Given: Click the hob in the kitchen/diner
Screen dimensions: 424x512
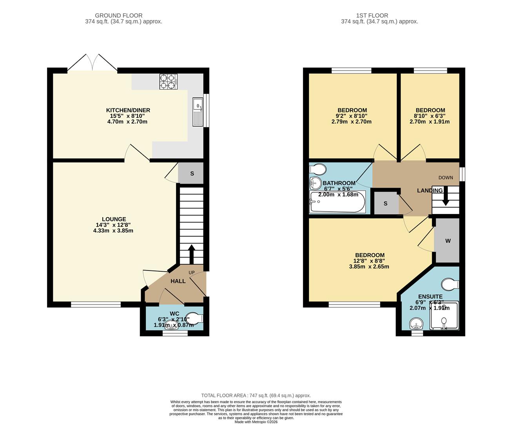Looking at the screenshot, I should click(168, 81).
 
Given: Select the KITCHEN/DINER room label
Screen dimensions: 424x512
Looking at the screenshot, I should click(128, 110).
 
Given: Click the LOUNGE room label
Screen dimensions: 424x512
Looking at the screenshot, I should click(114, 219).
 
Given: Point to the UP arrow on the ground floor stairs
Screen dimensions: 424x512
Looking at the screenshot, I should click(192, 254).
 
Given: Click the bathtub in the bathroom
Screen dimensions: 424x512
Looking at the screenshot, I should click(338, 202).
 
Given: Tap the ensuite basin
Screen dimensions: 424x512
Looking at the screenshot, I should click(416, 324).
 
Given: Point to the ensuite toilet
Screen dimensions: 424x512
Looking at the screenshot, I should click(450, 284).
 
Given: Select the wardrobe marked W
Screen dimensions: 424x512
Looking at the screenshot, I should click(448, 241).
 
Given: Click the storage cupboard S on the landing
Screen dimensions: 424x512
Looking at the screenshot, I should click(385, 203).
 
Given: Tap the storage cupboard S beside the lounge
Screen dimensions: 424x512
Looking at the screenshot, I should click(192, 173).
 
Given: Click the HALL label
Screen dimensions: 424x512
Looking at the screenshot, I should click(178, 281).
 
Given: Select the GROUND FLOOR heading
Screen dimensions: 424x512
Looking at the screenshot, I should click(123, 16).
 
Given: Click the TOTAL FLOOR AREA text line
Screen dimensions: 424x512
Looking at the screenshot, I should click(256, 395).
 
